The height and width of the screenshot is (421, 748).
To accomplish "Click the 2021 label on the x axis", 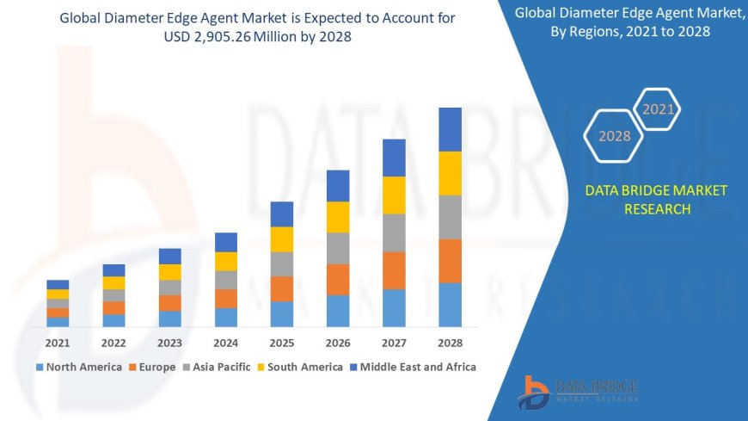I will (x=58, y=343).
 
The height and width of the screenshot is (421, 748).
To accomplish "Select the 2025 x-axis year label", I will (x=282, y=343).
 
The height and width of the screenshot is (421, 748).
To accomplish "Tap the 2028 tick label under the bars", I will (x=450, y=343).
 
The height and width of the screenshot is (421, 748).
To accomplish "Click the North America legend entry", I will (x=78, y=367).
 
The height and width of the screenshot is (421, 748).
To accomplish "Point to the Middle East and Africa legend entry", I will (x=414, y=367).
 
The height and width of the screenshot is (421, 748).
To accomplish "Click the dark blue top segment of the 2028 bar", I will (x=450, y=129).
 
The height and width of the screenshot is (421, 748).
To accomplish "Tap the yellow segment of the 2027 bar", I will (x=394, y=195).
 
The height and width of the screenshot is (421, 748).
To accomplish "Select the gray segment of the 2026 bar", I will (x=338, y=248).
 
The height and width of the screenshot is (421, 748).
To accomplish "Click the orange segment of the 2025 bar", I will (x=282, y=288).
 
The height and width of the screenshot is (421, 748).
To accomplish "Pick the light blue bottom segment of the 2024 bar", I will (x=226, y=317).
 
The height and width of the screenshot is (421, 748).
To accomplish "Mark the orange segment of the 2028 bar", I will (x=450, y=261).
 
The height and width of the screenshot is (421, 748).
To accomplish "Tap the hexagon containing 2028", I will (x=615, y=136).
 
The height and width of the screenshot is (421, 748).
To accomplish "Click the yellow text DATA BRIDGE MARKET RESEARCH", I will (x=656, y=200).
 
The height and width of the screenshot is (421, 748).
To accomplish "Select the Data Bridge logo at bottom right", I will (x=578, y=392).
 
